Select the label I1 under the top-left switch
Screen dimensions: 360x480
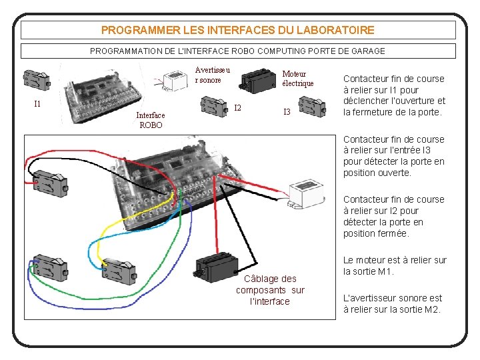pos(37,103)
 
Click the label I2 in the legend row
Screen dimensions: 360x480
pos(237,108)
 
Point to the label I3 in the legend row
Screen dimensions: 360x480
pos(287,112)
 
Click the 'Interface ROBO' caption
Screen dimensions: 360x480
pos(150,120)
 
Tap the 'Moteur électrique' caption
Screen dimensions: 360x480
pos(297,79)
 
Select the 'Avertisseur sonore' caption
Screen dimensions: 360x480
pos(212,75)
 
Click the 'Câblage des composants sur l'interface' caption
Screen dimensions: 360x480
pos(270,290)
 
